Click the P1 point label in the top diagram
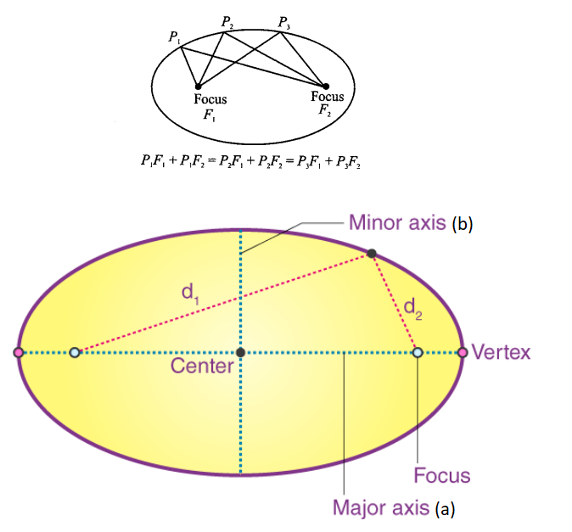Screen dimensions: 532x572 [x=174, y=36]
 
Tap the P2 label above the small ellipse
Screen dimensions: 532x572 [x=227, y=20]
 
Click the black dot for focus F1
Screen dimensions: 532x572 [x=199, y=86]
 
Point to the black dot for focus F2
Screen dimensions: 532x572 [x=326, y=85]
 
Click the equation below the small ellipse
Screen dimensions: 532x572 [x=251, y=162]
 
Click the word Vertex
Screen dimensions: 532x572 [x=501, y=352]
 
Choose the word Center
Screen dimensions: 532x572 [x=202, y=367]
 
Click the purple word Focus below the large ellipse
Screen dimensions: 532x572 [x=441, y=475]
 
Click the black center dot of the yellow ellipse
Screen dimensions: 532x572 [x=241, y=352]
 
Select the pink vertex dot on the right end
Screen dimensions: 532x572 [x=463, y=352]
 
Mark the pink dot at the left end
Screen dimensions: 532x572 [x=19, y=352]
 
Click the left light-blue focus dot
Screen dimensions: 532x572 [x=75, y=352]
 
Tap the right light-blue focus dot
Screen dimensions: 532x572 [x=418, y=352]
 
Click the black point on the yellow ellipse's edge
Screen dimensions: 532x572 [x=372, y=253]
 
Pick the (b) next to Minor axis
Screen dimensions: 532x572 [x=463, y=224]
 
